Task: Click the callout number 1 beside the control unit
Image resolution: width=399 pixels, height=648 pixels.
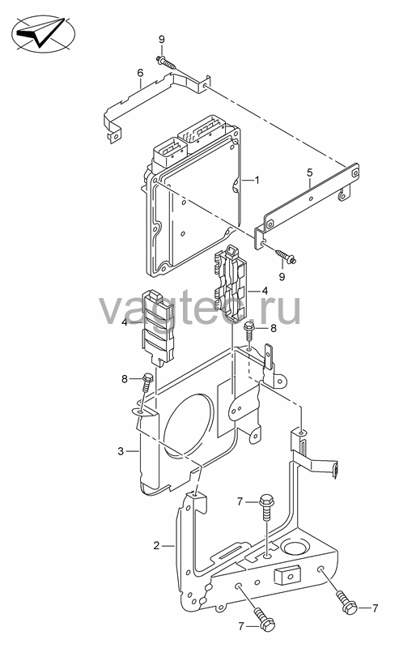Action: (257, 181)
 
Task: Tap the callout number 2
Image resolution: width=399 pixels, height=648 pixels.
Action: (156, 545)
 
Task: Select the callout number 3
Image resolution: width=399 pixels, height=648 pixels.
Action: (121, 451)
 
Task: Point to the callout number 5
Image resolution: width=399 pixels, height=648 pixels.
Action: (310, 173)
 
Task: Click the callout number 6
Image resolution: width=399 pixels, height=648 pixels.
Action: (141, 73)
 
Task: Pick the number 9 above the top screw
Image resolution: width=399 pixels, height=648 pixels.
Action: (162, 39)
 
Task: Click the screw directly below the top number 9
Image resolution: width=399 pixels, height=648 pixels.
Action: (166, 63)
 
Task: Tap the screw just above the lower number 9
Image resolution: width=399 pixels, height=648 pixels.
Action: (285, 256)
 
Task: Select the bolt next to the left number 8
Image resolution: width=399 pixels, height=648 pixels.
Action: (147, 382)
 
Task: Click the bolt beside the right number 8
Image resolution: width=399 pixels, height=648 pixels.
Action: (248, 330)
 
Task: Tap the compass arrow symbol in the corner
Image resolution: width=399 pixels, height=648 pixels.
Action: (43, 32)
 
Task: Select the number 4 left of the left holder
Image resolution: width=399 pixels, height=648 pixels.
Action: (125, 322)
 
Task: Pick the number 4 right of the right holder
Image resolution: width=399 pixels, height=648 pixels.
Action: (265, 291)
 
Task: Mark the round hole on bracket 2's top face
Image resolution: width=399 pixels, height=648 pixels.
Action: (294, 548)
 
